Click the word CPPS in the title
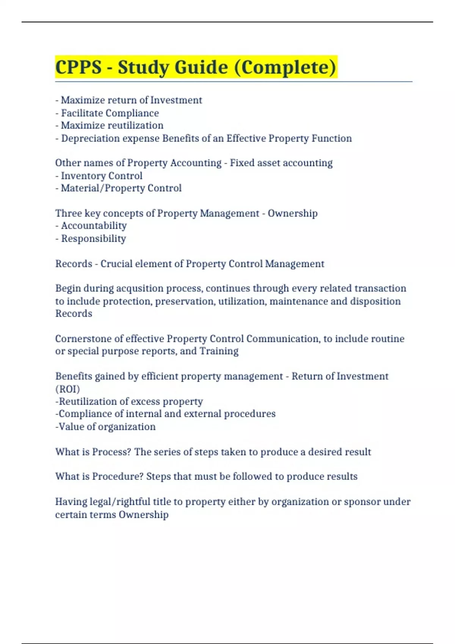point(78,67)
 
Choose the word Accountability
point(94,226)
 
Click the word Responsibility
point(94,239)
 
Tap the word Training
point(219,351)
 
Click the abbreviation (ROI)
point(67,389)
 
